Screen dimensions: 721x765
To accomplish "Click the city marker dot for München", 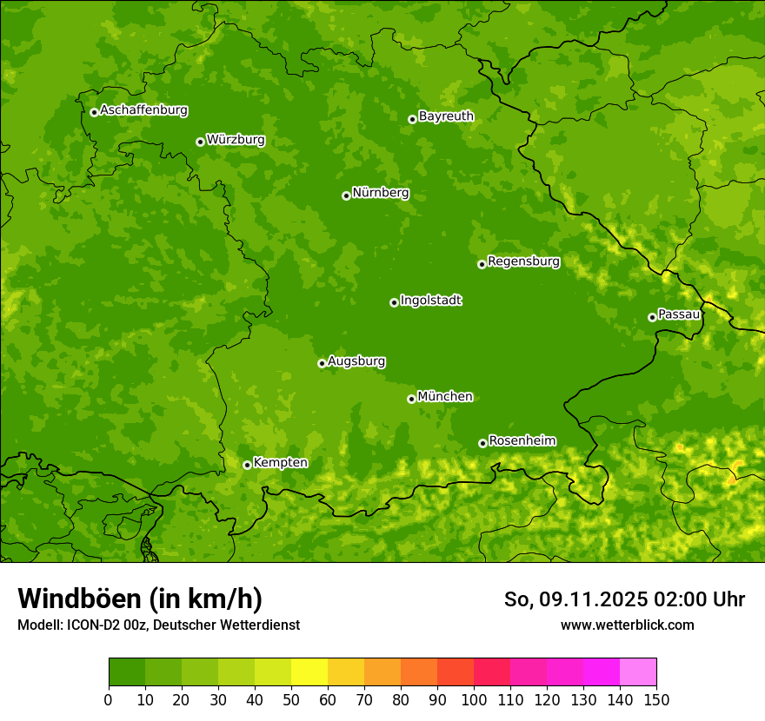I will click(411, 399).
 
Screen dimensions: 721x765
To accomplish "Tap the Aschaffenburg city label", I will click(143, 110).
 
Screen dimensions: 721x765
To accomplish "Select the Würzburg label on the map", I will click(236, 140).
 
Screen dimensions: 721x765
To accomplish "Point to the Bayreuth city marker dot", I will click(412, 119).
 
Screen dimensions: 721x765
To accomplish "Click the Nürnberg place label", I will click(380, 193).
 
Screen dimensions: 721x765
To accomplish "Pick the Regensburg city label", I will click(523, 261).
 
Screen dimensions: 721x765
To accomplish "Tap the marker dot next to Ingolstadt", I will click(394, 302).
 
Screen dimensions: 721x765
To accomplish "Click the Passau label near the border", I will click(679, 314).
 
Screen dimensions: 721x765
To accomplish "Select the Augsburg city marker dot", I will click(322, 363).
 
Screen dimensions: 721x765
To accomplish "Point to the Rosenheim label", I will click(522, 440).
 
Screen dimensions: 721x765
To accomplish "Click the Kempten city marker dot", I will click(247, 465).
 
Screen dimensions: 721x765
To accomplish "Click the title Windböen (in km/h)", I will click(140, 599).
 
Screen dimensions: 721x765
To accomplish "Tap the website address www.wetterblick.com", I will click(627, 625).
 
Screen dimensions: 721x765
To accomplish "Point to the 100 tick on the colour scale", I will click(474, 699).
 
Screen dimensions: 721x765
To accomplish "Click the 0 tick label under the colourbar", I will click(109, 699).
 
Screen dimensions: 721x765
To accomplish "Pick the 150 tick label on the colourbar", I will click(656, 699).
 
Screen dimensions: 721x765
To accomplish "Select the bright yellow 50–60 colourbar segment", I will click(309, 672).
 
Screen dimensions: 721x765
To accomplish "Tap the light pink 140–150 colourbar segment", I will click(638, 672).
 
